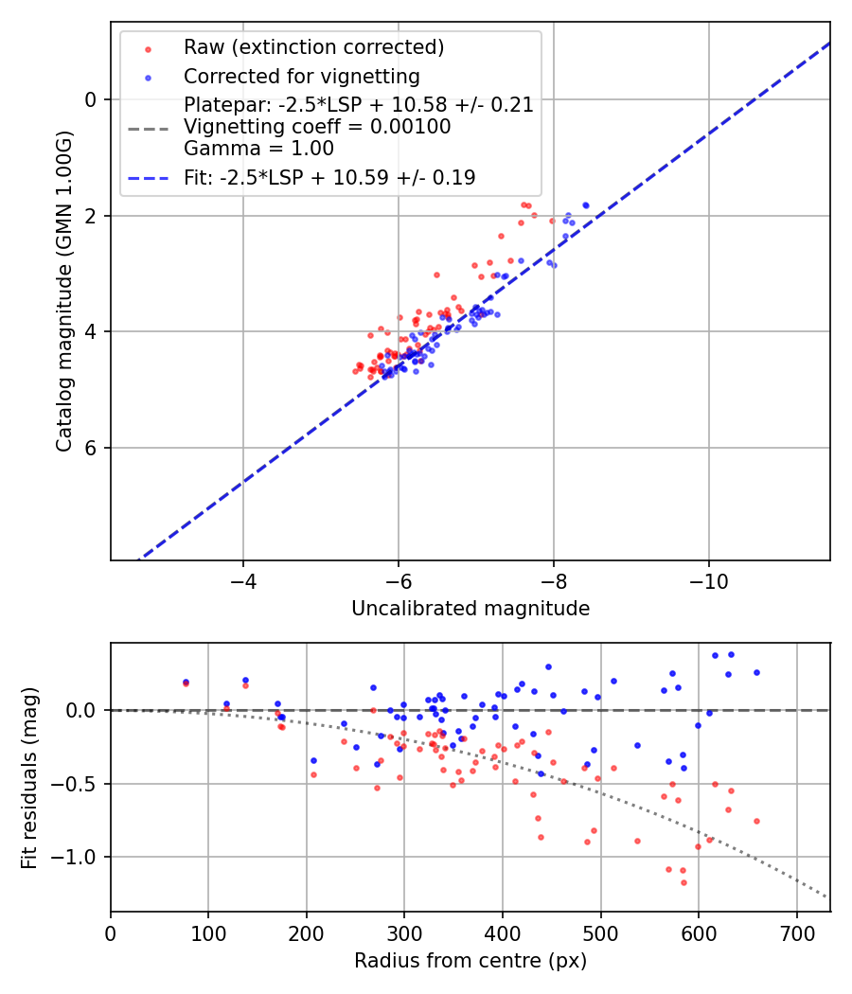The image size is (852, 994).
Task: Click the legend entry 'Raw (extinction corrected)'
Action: tap(313, 47)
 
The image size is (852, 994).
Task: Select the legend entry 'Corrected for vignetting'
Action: tap(301, 76)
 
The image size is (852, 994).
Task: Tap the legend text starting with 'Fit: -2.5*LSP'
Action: tap(329, 177)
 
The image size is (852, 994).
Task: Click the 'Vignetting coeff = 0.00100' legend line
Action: tap(317, 127)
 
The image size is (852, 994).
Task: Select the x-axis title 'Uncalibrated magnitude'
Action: tap(470, 609)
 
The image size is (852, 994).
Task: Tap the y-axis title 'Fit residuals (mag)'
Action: tap(29, 777)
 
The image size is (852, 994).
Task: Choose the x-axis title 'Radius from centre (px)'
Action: tap(470, 961)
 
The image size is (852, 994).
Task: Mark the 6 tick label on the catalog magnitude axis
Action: tap(92, 448)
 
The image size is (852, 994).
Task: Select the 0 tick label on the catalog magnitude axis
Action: tap(92, 99)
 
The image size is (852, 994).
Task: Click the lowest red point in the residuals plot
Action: tap(683, 882)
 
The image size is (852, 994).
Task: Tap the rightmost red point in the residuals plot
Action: tap(756, 821)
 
